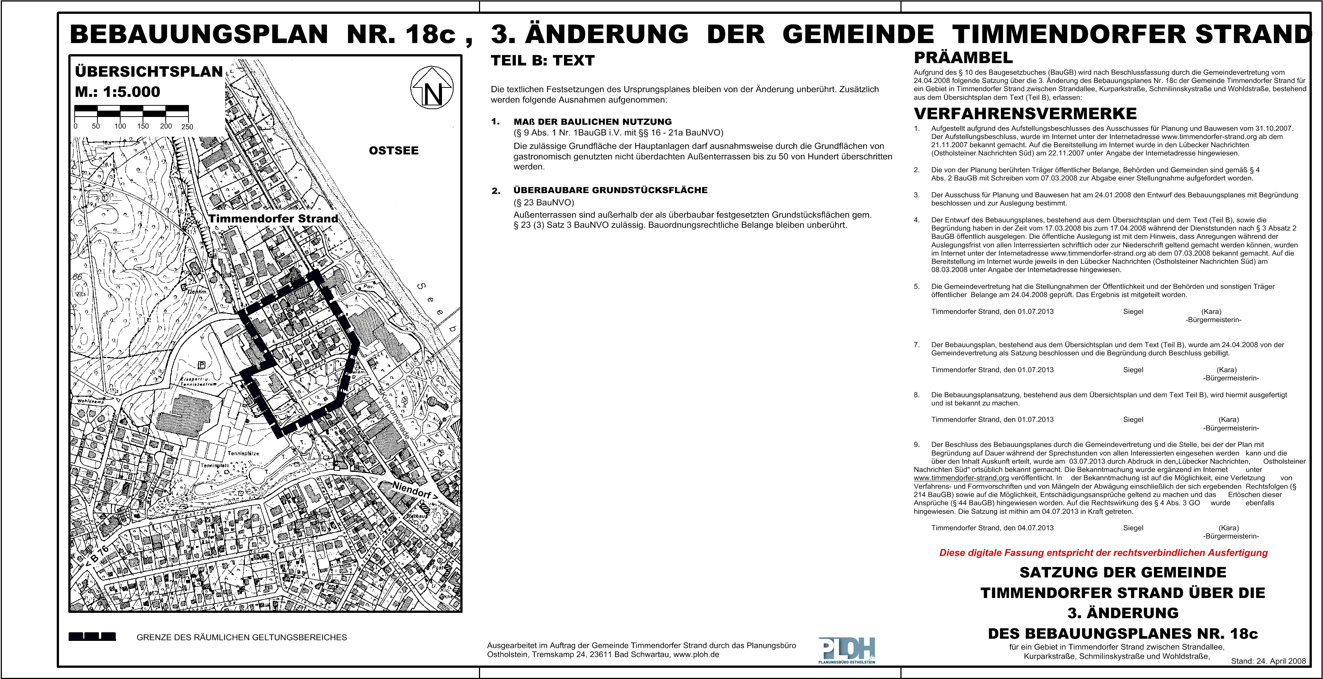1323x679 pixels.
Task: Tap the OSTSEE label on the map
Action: click(393, 151)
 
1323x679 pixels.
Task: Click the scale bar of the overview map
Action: click(131, 111)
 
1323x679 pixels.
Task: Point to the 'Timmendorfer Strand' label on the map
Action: click(273, 219)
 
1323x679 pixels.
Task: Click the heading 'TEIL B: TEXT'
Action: click(542, 61)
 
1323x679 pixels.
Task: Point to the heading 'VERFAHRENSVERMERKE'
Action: click(1025, 113)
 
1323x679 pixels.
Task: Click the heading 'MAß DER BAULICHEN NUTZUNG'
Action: click(592, 122)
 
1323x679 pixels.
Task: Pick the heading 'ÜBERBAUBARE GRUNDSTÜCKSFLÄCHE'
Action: click(610, 190)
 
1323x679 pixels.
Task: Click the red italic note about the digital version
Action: click(1103, 553)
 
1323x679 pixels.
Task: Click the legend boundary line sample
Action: click(93, 637)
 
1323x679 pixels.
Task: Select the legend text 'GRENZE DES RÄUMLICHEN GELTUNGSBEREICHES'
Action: click(242, 638)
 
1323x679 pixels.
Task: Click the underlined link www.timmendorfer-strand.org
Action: click(954, 478)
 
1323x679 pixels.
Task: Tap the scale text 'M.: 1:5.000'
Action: click(118, 92)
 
